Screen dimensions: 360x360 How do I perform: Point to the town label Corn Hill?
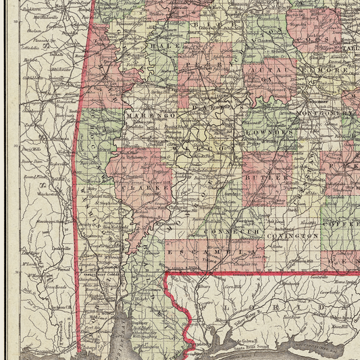click(232, 287)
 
